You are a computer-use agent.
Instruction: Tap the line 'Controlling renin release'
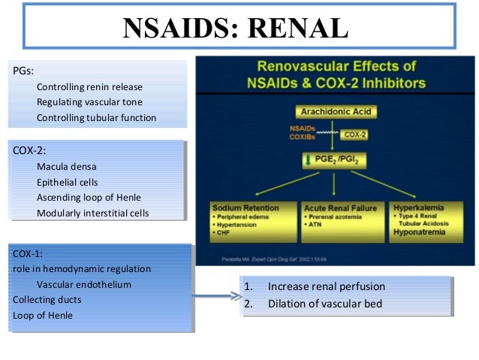pos(89,86)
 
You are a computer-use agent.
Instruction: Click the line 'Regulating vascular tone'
pos(89,102)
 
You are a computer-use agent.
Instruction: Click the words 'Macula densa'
pos(66,166)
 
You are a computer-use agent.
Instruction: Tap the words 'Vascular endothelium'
pos(84,285)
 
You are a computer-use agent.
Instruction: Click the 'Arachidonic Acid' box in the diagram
pos(335,112)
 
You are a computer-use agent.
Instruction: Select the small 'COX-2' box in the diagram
pos(355,135)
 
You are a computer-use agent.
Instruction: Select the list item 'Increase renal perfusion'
pos(327,286)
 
